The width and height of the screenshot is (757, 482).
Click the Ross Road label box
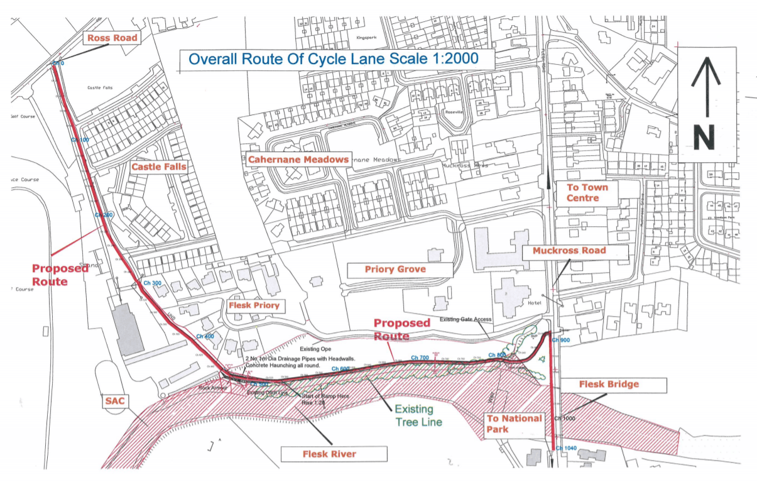pyautogui.click(x=112, y=38)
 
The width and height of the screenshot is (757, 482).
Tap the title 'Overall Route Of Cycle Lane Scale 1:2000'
pyautogui.click(x=334, y=60)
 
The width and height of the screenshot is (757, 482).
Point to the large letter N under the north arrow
pyautogui.click(x=708, y=137)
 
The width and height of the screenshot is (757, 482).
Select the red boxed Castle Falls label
pyautogui.click(x=158, y=167)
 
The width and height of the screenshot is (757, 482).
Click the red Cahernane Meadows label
pyautogui.click(x=298, y=160)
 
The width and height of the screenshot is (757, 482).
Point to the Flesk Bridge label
pyautogui.click(x=600, y=385)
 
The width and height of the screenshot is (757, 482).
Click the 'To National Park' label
pyautogui.click(x=515, y=424)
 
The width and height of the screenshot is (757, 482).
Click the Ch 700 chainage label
pyautogui.click(x=420, y=358)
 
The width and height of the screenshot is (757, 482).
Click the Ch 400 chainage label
pyautogui.click(x=205, y=337)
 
